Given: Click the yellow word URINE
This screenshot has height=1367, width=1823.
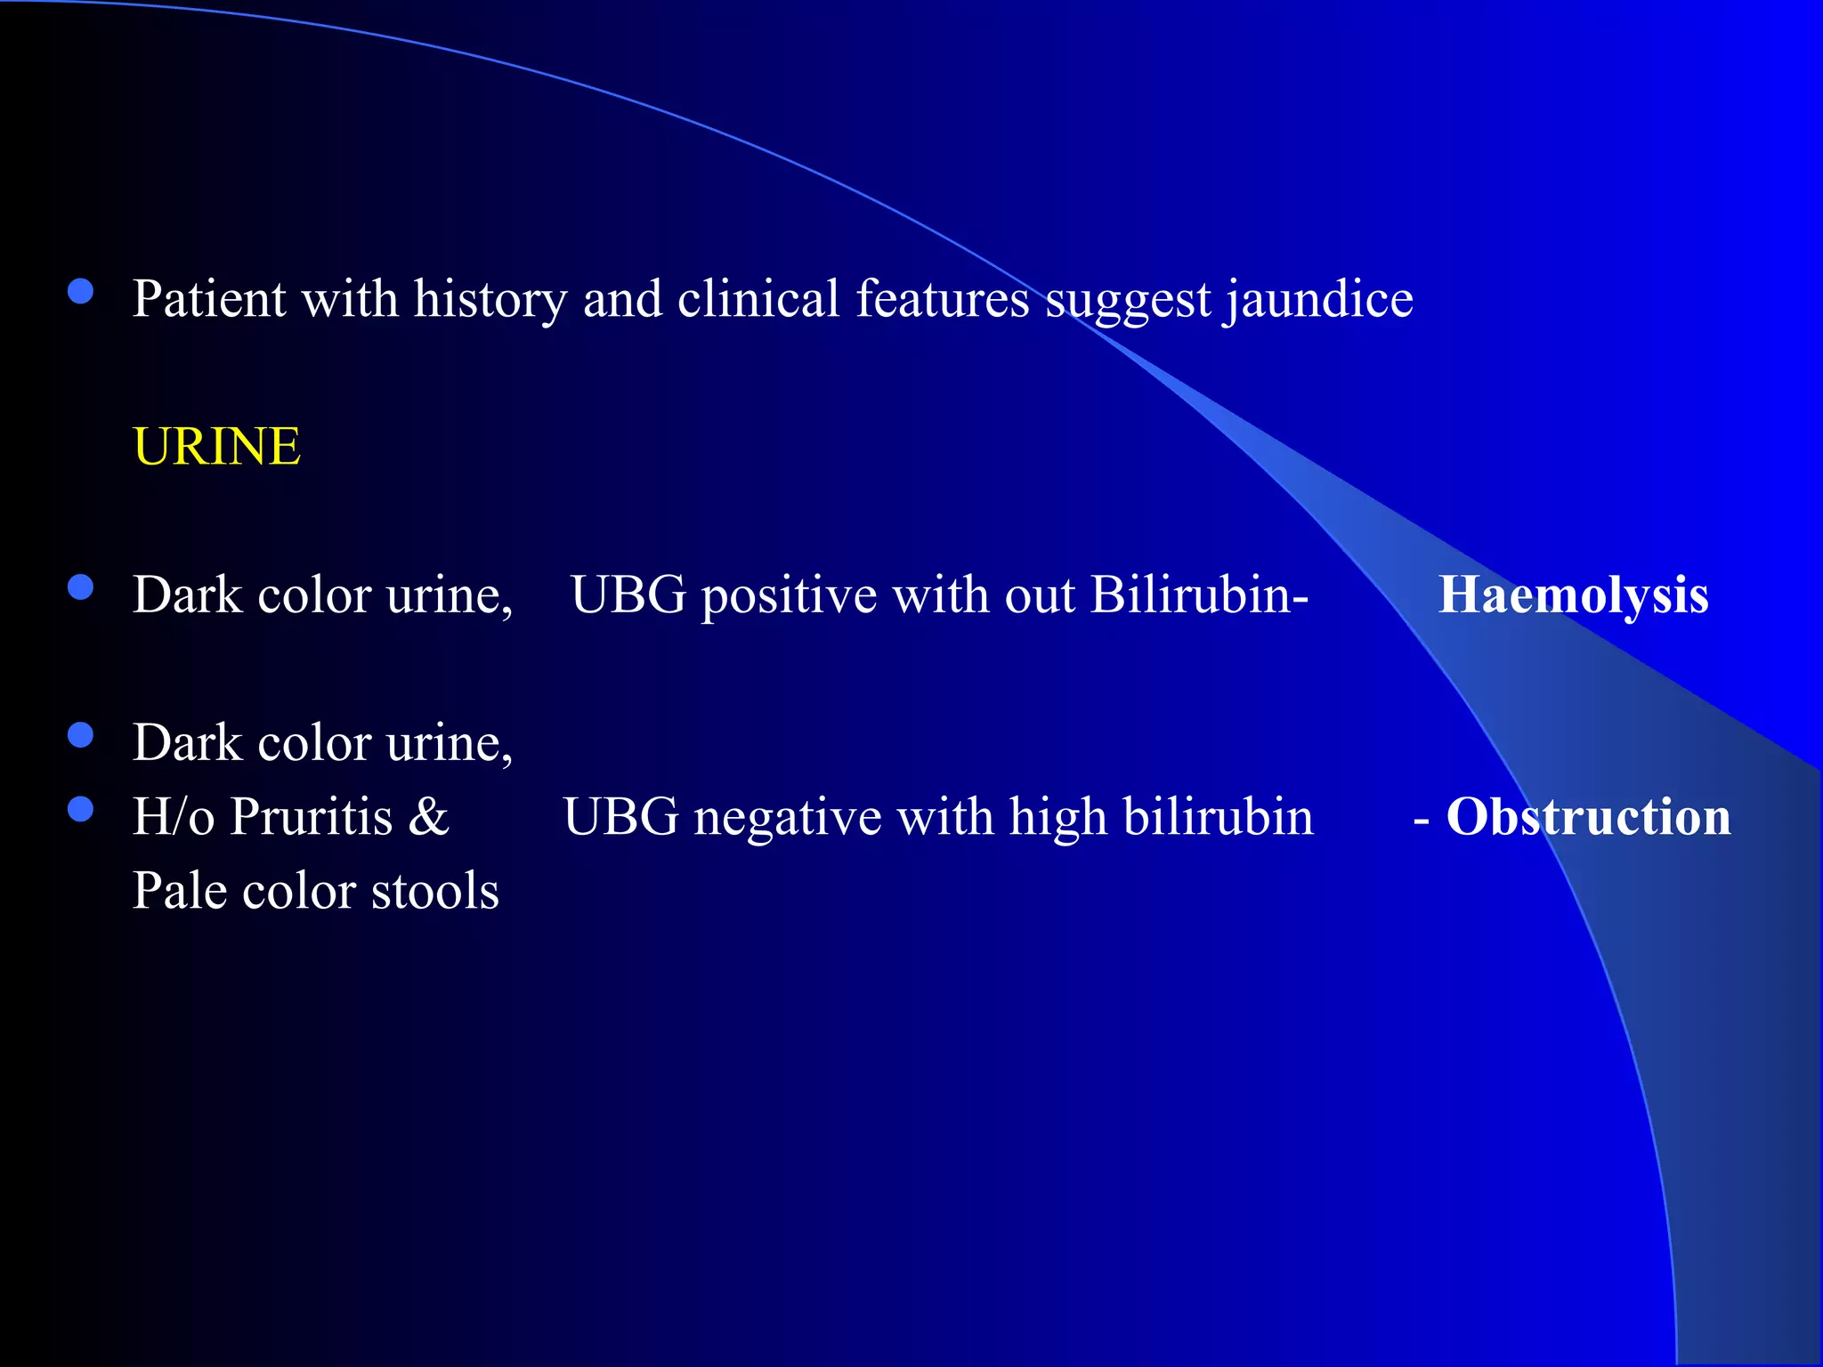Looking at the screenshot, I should click(216, 446).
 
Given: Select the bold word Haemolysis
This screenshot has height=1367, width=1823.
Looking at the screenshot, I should click(1573, 595).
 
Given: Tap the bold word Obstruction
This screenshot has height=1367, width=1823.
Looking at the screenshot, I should click(1588, 816).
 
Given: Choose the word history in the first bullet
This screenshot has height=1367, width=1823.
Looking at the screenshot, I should click(490, 299).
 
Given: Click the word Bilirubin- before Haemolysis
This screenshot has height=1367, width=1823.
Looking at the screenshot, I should click(1199, 595).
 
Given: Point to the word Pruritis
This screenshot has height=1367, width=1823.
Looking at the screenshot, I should click(311, 816).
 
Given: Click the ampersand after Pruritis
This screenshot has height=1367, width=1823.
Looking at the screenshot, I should click(429, 816).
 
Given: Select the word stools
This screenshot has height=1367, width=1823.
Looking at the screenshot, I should click(434, 891).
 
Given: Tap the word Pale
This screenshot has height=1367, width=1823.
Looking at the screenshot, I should click(179, 891).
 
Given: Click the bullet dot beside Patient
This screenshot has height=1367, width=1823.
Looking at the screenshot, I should click(81, 291).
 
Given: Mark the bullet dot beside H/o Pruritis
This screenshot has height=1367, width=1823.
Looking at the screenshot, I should click(81, 809).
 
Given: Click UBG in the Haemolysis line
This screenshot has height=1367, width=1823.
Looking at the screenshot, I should click(628, 595).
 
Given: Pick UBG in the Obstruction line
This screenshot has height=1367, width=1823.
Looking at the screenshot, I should click(620, 816).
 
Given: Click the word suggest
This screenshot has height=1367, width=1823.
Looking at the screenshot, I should click(1128, 301).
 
